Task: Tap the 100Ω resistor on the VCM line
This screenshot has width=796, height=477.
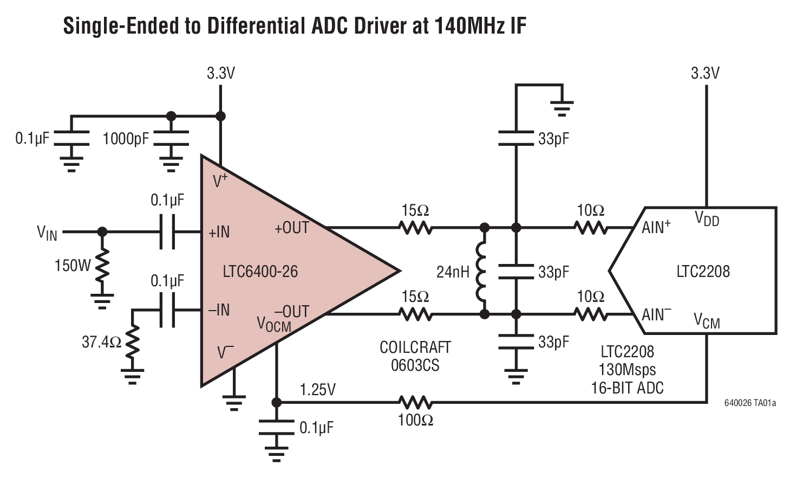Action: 415,402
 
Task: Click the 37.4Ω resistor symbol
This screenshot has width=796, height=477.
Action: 133,342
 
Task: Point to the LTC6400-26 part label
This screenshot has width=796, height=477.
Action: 260,271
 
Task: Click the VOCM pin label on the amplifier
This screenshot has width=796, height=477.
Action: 273,324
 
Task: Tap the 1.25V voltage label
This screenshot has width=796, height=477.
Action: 318,390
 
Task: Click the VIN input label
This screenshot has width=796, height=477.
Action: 47,233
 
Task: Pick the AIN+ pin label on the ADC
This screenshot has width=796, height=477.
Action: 656,227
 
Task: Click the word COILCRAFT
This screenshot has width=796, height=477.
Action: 415,347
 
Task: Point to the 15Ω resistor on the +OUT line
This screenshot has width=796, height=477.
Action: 415,228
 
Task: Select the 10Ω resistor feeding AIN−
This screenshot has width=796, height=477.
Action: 591,314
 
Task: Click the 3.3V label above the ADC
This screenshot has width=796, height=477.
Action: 705,73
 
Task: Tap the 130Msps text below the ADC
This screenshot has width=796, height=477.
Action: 627,370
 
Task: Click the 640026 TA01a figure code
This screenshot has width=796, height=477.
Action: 750,403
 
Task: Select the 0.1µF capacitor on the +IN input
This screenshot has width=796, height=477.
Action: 167,232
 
